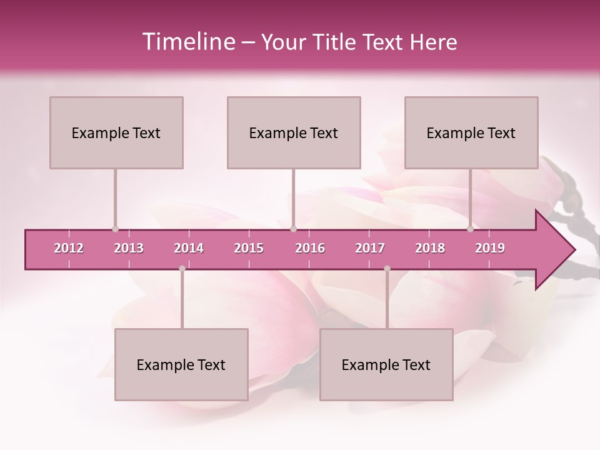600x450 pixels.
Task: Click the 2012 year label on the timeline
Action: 69,248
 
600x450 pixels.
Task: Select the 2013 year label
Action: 129,248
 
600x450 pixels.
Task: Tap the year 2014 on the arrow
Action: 189,248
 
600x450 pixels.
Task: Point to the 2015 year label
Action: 249,248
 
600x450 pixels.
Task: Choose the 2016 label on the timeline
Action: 310,248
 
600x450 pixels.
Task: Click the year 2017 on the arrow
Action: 370,248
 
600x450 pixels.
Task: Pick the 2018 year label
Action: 430,248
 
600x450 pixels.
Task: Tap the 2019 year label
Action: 490,248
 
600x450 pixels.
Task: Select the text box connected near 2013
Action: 116,132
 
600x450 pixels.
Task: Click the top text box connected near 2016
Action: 294,132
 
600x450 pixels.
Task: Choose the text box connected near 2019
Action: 471,132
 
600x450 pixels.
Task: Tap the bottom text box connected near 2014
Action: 181,364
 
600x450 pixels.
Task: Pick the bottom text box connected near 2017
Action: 386,364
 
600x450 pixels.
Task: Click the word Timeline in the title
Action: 187,42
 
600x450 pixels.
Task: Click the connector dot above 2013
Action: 115,229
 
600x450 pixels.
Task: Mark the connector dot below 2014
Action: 182,269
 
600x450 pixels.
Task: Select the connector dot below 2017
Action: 387,269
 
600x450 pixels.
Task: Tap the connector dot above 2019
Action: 470,229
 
